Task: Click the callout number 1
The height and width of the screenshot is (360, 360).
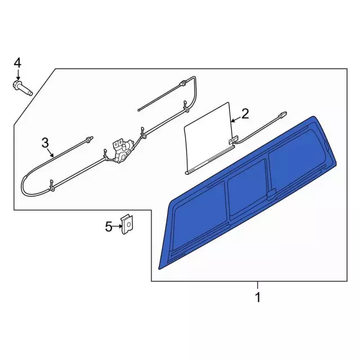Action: tap(258, 298)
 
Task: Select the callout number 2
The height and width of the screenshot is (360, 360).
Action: tap(245, 114)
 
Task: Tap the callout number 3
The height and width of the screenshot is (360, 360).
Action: tap(45, 143)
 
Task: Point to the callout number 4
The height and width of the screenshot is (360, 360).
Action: tap(17, 63)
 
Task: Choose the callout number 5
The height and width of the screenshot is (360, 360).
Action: tap(109, 227)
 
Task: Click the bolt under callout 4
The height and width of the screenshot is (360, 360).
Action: tap(22, 88)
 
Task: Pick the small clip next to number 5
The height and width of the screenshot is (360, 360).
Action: tap(128, 224)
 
